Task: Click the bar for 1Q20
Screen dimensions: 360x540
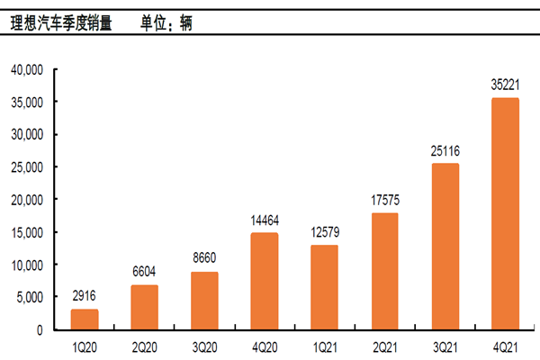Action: (85, 319)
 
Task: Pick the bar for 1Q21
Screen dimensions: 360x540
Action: (324, 287)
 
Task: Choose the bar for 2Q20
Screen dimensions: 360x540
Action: (144, 307)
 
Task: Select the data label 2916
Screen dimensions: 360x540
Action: (85, 296)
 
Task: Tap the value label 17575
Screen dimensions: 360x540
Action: (384, 201)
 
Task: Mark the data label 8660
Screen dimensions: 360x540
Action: (204, 258)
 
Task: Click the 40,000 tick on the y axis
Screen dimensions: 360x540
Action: (28, 69)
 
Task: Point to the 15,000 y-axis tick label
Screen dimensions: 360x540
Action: (28, 232)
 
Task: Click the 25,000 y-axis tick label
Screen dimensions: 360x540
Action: (28, 167)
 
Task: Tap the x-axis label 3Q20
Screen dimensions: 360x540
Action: (204, 345)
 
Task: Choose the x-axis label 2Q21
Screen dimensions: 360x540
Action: (384, 345)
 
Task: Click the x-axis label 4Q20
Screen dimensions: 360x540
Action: (265, 345)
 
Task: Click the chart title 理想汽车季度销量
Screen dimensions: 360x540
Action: (61, 21)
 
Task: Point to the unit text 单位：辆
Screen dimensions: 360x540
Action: (167, 21)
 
